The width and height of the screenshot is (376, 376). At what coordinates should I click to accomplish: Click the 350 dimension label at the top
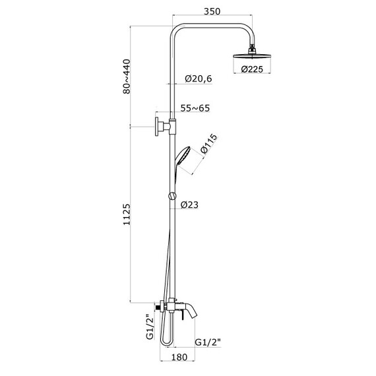pyautogui.click(x=212, y=11)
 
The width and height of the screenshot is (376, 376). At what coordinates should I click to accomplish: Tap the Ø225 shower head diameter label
pyautogui.click(x=252, y=69)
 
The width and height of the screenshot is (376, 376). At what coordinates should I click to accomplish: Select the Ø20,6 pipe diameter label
pyautogui.click(x=199, y=78)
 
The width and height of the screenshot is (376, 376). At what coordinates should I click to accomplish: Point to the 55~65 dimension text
pyautogui.click(x=195, y=108)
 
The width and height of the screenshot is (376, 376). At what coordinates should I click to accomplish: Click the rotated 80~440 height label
pyautogui.click(x=127, y=77)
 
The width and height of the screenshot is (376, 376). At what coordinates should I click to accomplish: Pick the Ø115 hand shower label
pyautogui.click(x=209, y=143)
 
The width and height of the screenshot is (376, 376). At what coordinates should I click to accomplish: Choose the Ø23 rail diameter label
pyautogui.click(x=189, y=204)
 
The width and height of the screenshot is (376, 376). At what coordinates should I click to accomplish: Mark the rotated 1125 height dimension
pyautogui.click(x=127, y=214)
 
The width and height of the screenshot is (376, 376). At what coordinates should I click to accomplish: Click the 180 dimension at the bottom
pyautogui.click(x=179, y=357)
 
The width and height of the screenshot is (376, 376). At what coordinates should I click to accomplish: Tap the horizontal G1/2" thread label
pyautogui.click(x=208, y=342)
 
